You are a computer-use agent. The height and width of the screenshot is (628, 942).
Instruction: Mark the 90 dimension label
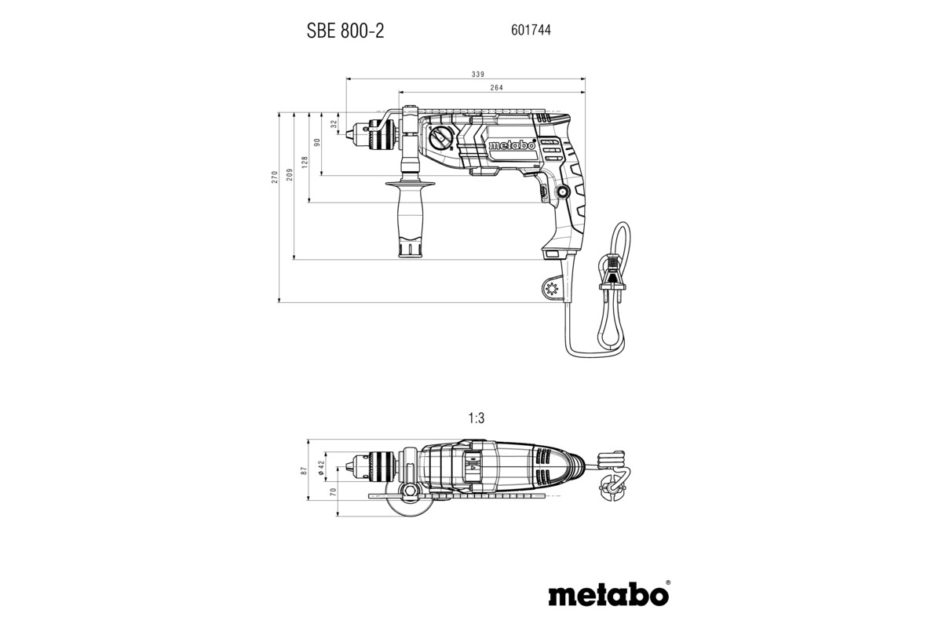tap(317, 143)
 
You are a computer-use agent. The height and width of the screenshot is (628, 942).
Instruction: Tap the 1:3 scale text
tap(476, 419)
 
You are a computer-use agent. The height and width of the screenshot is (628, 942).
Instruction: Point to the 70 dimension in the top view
tap(333, 493)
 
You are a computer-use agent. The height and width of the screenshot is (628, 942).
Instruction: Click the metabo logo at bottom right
tap(609, 593)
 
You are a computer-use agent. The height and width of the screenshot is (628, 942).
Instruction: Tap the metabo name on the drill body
tap(511, 145)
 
